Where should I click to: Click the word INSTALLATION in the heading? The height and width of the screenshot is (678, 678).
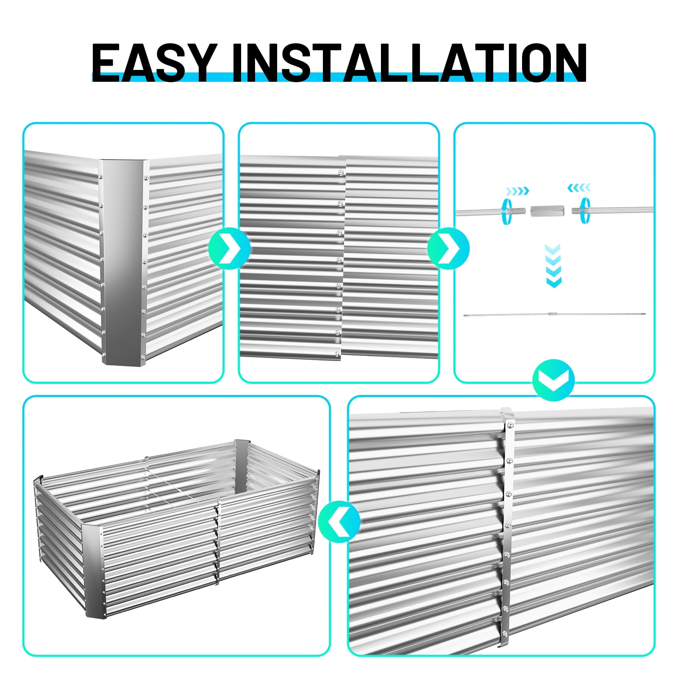pyautogui.click(x=409, y=63)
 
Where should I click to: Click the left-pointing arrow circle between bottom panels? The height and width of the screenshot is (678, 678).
pyautogui.click(x=339, y=521)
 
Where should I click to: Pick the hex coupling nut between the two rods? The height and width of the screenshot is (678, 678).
pyautogui.click(x=543, y=211)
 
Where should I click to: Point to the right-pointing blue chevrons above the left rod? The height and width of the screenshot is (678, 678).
pyautogui.click(x=517, y=191)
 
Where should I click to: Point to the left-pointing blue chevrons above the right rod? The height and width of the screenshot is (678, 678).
pyautogui.click(x=579, y=187)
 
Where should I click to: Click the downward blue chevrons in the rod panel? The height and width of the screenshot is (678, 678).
pyautogui.click(x=553, y=266)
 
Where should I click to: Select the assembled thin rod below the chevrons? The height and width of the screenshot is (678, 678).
pyautogui.click(x=554, y=314)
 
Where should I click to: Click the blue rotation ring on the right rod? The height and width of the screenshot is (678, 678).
pyautogui.click(x=586, y=210)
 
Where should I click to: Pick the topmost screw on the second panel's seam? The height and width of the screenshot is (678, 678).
pyautogui.click(x=340, y=172)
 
